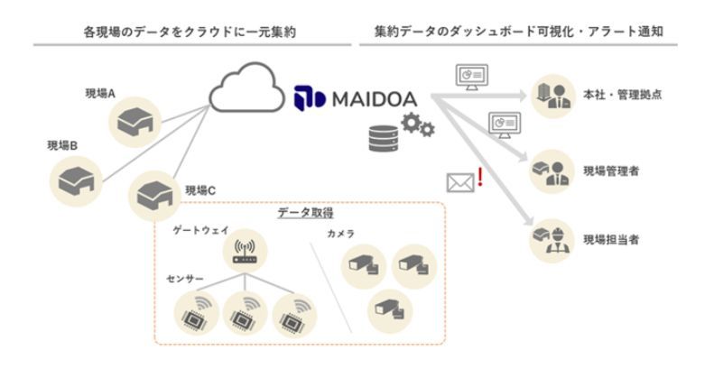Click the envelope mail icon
tap(460, 181)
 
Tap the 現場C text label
tap(201, 190)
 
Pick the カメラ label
tap(340, 234)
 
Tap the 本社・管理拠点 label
tap(624, 94)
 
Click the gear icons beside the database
tap(417, 127)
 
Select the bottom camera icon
tap(390, 309)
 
